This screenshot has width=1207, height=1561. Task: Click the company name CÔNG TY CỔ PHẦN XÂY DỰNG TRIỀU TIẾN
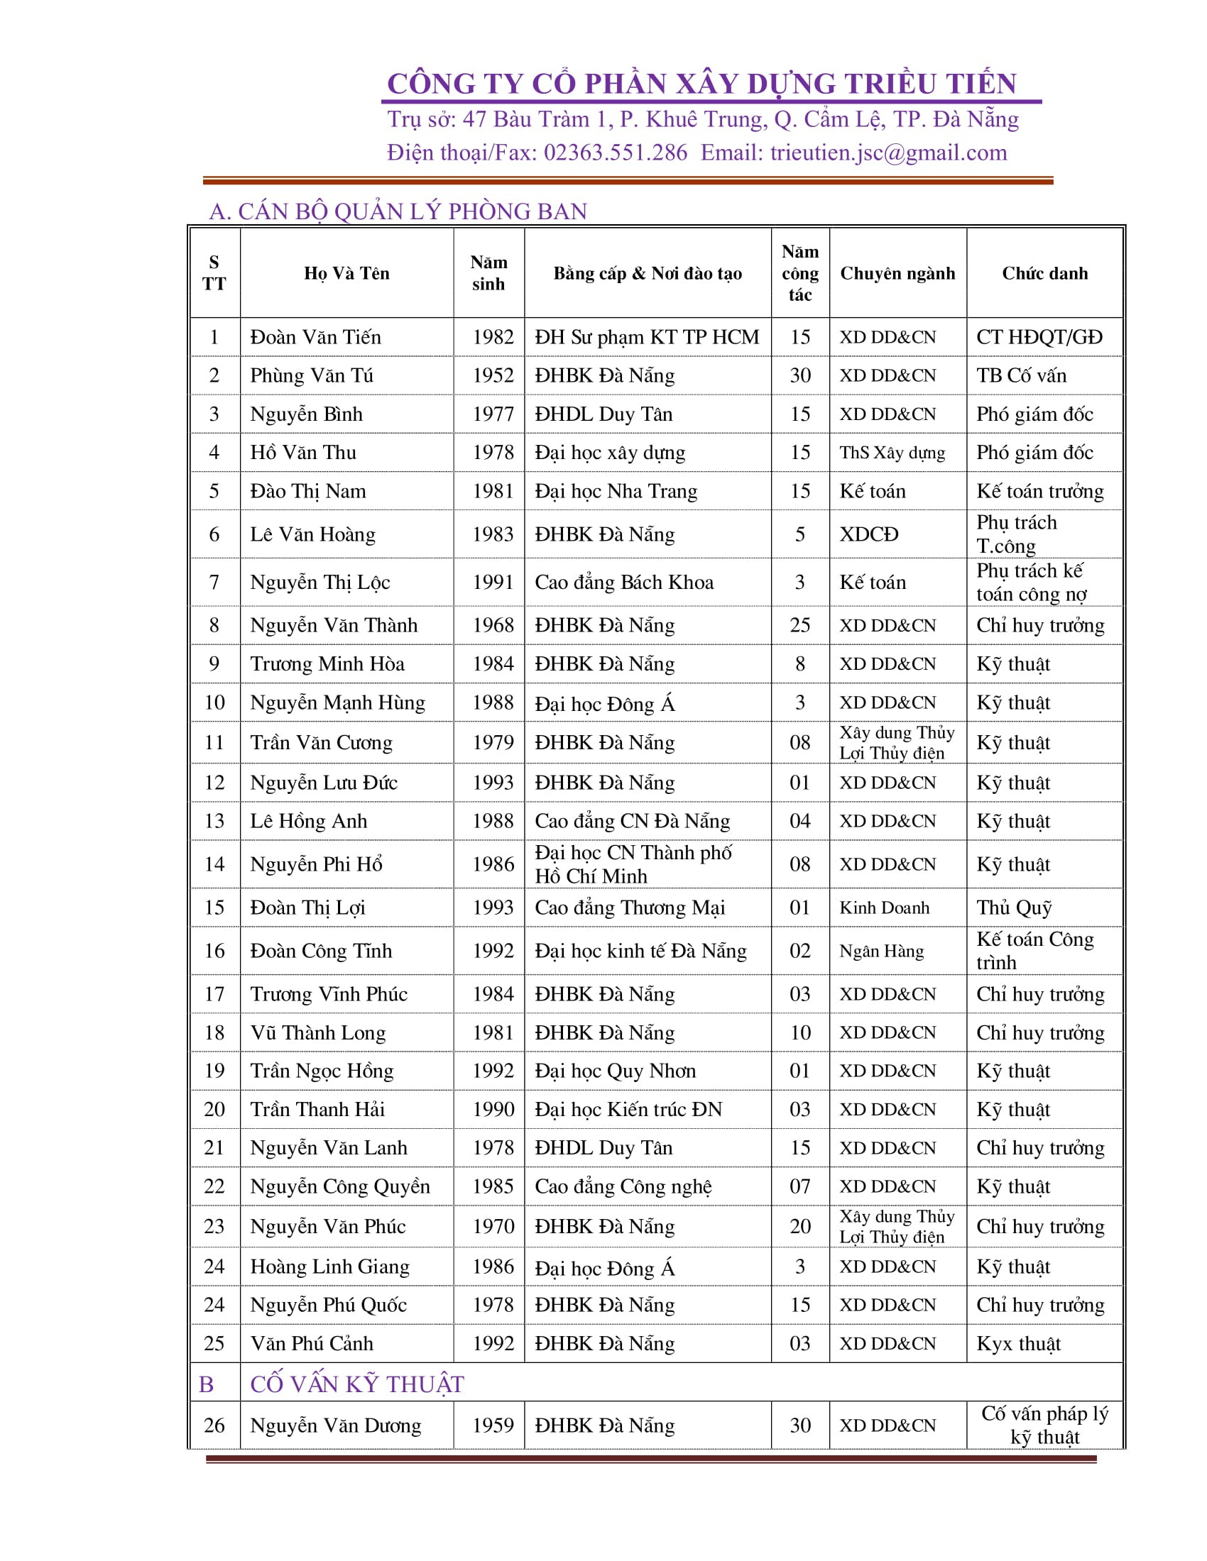tap(701, 84)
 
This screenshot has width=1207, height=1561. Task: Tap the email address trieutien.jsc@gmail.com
tap(888, 153)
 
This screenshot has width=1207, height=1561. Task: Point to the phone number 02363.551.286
tap(615, 153)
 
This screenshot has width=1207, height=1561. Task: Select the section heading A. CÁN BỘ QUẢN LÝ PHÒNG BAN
tap(398, 211)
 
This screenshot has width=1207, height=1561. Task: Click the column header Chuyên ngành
tap(897, 273)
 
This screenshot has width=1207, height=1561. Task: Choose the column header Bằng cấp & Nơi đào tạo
tap(647, 273)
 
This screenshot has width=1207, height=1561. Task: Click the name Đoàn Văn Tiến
tap(315, 336)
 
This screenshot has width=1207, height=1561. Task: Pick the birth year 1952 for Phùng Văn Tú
tap(493, 375)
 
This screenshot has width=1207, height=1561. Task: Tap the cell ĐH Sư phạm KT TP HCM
tap(646, 336)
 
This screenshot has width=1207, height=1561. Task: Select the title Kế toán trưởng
tap(1039, 491)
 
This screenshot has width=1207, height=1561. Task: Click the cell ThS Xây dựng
tap(892, 453)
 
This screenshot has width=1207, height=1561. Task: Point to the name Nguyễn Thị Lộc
tap(319, 582)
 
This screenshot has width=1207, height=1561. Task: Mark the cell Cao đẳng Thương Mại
tap(629, 907)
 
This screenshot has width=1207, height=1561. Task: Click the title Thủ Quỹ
tap(1014, 907)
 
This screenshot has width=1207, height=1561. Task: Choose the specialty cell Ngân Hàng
tap(881, 951)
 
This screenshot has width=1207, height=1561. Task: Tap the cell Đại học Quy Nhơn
tap(615, 1071)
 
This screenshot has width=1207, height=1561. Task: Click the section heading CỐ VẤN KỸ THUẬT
tap(357, 1384)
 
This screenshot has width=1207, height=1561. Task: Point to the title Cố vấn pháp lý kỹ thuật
tap(1044, 1425)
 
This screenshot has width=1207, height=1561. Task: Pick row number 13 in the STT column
tap(214, 820)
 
